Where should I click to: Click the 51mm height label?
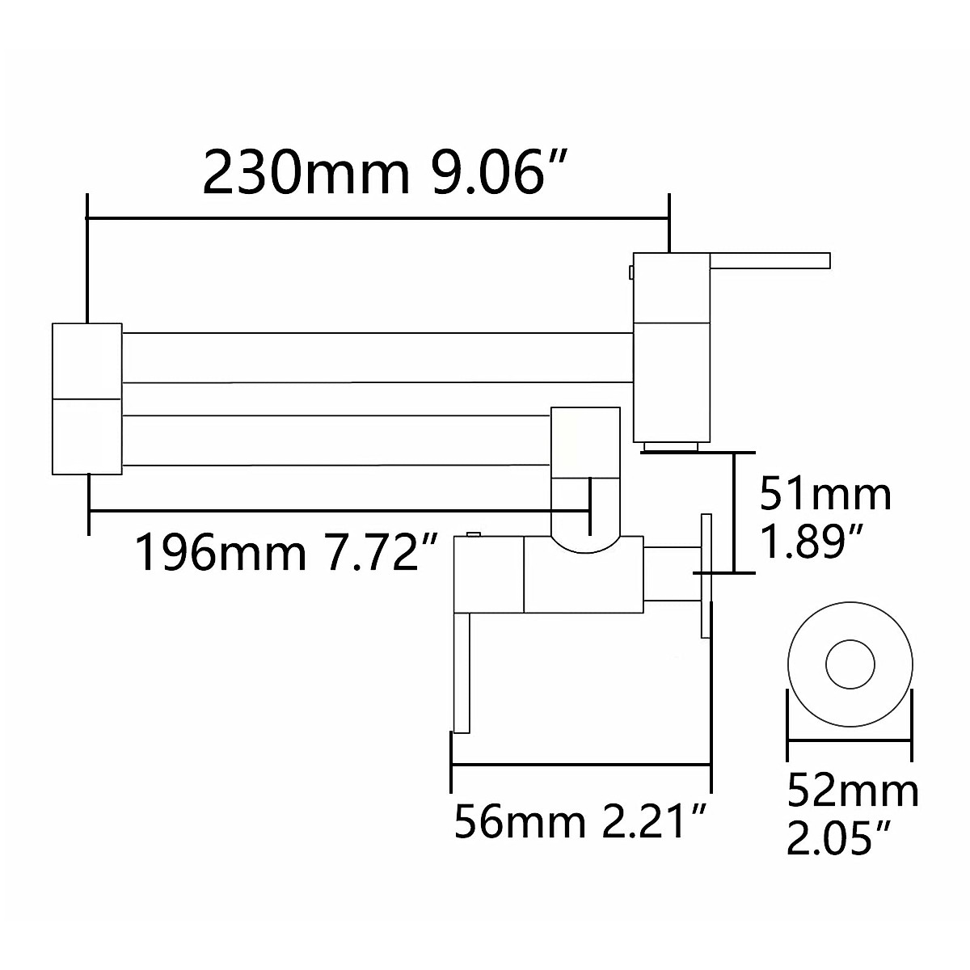(x=825, y=494)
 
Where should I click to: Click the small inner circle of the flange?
(x=850, y=665)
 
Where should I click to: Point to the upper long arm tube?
(x=376, y=357)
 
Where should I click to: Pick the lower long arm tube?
(x=335, y=441)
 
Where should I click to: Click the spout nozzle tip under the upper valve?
(x=670, y=445)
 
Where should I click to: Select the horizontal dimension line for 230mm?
(x=377, y=217)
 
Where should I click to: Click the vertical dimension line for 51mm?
(x=733, y=512)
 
